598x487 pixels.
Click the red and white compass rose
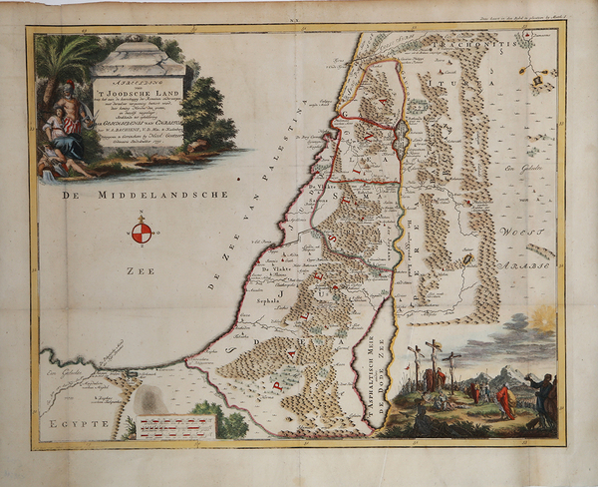tap(142, 234)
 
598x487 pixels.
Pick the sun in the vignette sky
tap(546, 321)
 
